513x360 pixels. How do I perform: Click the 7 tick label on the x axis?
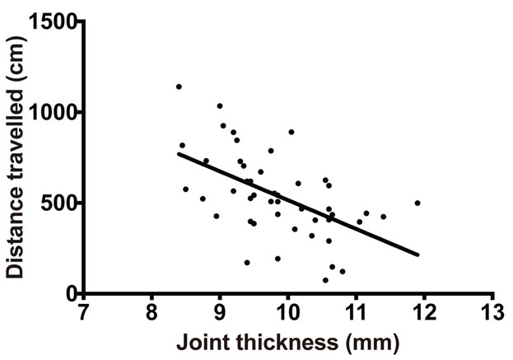tap(83, 313)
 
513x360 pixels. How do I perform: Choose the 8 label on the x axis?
tap(152, 313)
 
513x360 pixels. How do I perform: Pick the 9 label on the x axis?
tap(220, 313)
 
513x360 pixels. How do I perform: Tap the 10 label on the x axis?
tap(287, 313)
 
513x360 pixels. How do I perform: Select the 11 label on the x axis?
tap(356, 313)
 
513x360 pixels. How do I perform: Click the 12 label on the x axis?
tap(424, 313)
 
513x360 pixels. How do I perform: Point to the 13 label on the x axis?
tap(492, 313)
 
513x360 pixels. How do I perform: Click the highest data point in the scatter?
tap(179, 86)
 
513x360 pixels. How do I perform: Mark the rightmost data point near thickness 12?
tap(417, 203)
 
